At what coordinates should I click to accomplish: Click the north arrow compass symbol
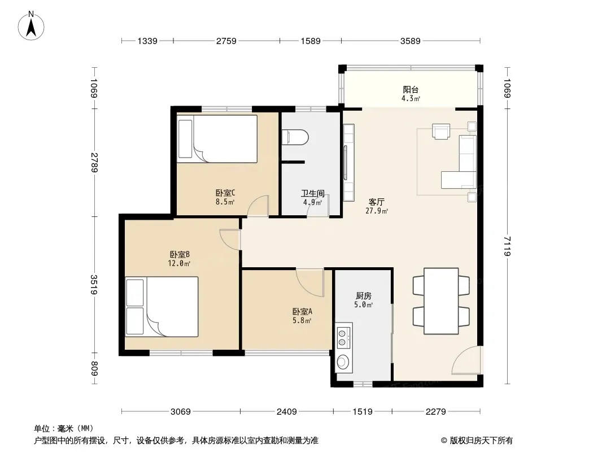pyautogui.click(x=31, y=26)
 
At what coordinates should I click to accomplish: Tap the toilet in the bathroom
pyautogui.click(x=295, y=137)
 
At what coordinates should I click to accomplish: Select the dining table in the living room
pyautogui.click(x=441, y=301)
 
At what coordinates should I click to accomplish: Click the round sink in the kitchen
pyautogui.click(x=343, y=362)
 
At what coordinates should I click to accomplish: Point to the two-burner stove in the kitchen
pyautogui.click(x=343, y=337)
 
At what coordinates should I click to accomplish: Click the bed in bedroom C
pyautogui.click(x=217, y=138)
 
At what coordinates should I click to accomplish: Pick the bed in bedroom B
pyautogui.click(x=162, y=307)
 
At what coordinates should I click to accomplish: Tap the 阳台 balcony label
pyautogui.click(x=411, y=89)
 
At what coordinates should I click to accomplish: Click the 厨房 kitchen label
pyautogui.click(x=363, y=295)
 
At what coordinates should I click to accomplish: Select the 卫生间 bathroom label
pyautogui.click(x=312, y=194)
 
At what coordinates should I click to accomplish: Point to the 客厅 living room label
pyautogui.click(x=376, y=202)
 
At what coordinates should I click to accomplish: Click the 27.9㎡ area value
pyautogui.click(x=377, y=211)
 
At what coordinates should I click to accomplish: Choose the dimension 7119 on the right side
pyautogui.click(x=507, y=246)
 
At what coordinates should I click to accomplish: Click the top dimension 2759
pyautogui.click(x=226, y=41)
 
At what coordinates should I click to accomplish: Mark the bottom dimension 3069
pyautogui.click(x=181, y=412)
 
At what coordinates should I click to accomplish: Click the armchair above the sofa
pyautogui.click(x=440, y=131)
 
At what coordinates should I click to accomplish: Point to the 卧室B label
pyautogui.click(x=180, y=254)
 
